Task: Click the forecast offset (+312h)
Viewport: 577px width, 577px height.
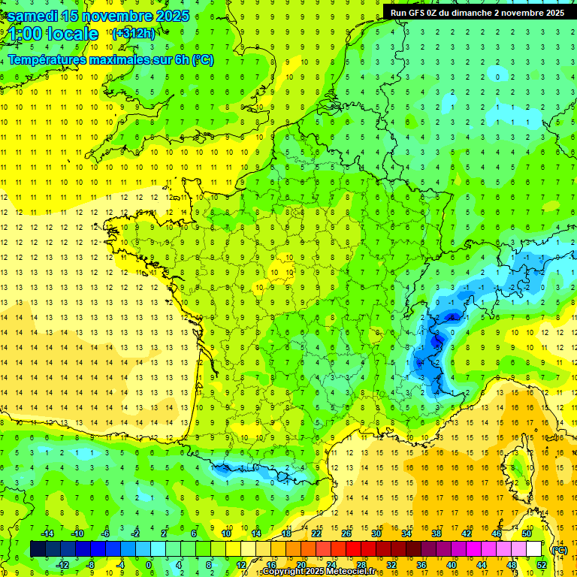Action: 133,34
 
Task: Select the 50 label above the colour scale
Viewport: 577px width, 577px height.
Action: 527,533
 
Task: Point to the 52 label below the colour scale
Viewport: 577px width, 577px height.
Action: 542,565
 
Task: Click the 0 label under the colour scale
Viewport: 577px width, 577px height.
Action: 149,565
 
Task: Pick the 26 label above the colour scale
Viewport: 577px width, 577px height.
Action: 346,533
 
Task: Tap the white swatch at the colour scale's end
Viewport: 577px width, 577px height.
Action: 534,549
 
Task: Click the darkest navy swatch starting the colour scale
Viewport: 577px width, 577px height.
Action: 38,549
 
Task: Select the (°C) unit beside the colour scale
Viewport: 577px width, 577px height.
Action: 559,550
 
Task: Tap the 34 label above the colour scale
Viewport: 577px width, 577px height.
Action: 406,533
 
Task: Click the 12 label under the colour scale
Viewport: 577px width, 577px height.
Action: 240,565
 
